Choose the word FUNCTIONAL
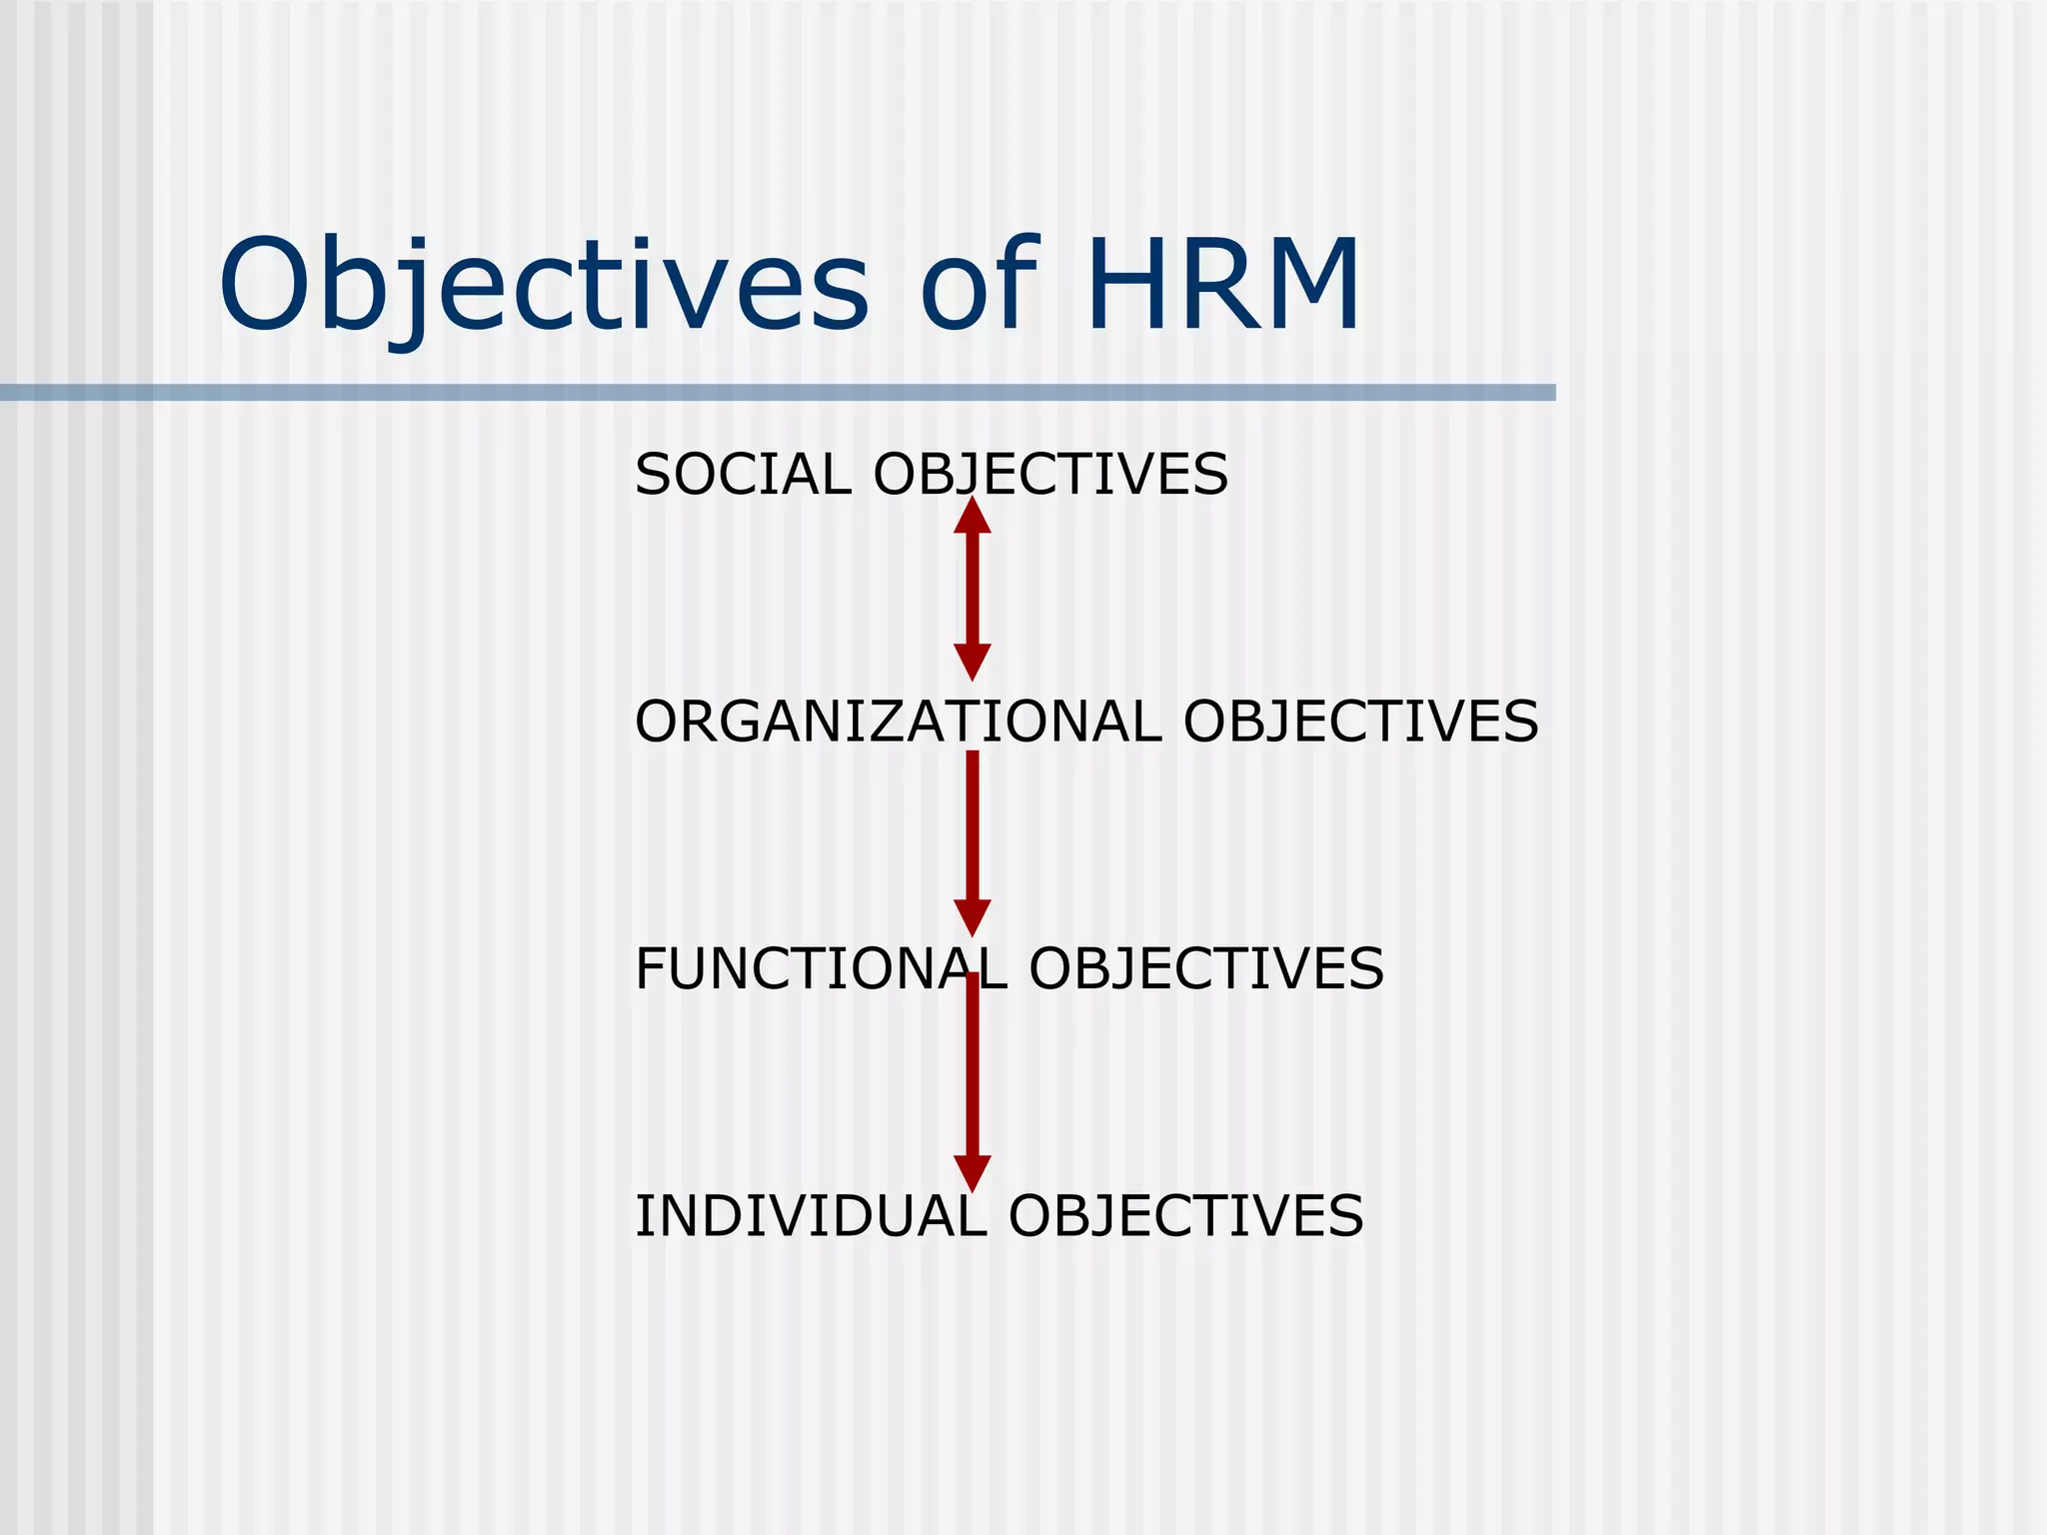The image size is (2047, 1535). point(821,968)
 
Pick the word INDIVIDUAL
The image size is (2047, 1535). point(811,1216)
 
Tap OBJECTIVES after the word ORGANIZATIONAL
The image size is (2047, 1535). point(1360,722)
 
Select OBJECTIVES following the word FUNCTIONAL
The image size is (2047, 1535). point(1206,968)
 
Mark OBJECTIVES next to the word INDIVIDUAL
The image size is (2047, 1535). point(1185,1216)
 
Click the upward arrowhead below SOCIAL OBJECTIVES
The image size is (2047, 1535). point(973,517)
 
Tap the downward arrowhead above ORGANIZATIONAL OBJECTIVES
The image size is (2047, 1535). point(973,662)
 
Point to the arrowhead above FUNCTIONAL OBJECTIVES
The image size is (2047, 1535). point(973,916)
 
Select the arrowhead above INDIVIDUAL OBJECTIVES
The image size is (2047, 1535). point(973,1172)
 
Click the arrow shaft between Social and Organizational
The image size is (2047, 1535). point(973,589)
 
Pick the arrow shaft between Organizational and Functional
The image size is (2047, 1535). point(973,824)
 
